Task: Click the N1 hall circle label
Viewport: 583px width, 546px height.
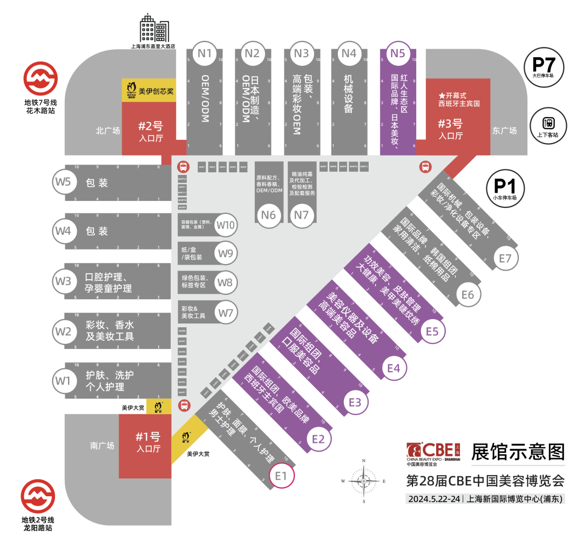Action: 205,53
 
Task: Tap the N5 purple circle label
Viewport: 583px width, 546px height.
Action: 397,53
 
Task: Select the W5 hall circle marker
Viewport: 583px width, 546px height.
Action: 63,181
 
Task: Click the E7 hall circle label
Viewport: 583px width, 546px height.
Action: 505,259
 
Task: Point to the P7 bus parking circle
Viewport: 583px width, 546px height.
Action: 544,67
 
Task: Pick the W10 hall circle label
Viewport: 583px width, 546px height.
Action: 226,225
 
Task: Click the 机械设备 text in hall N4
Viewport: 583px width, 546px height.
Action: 349,93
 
